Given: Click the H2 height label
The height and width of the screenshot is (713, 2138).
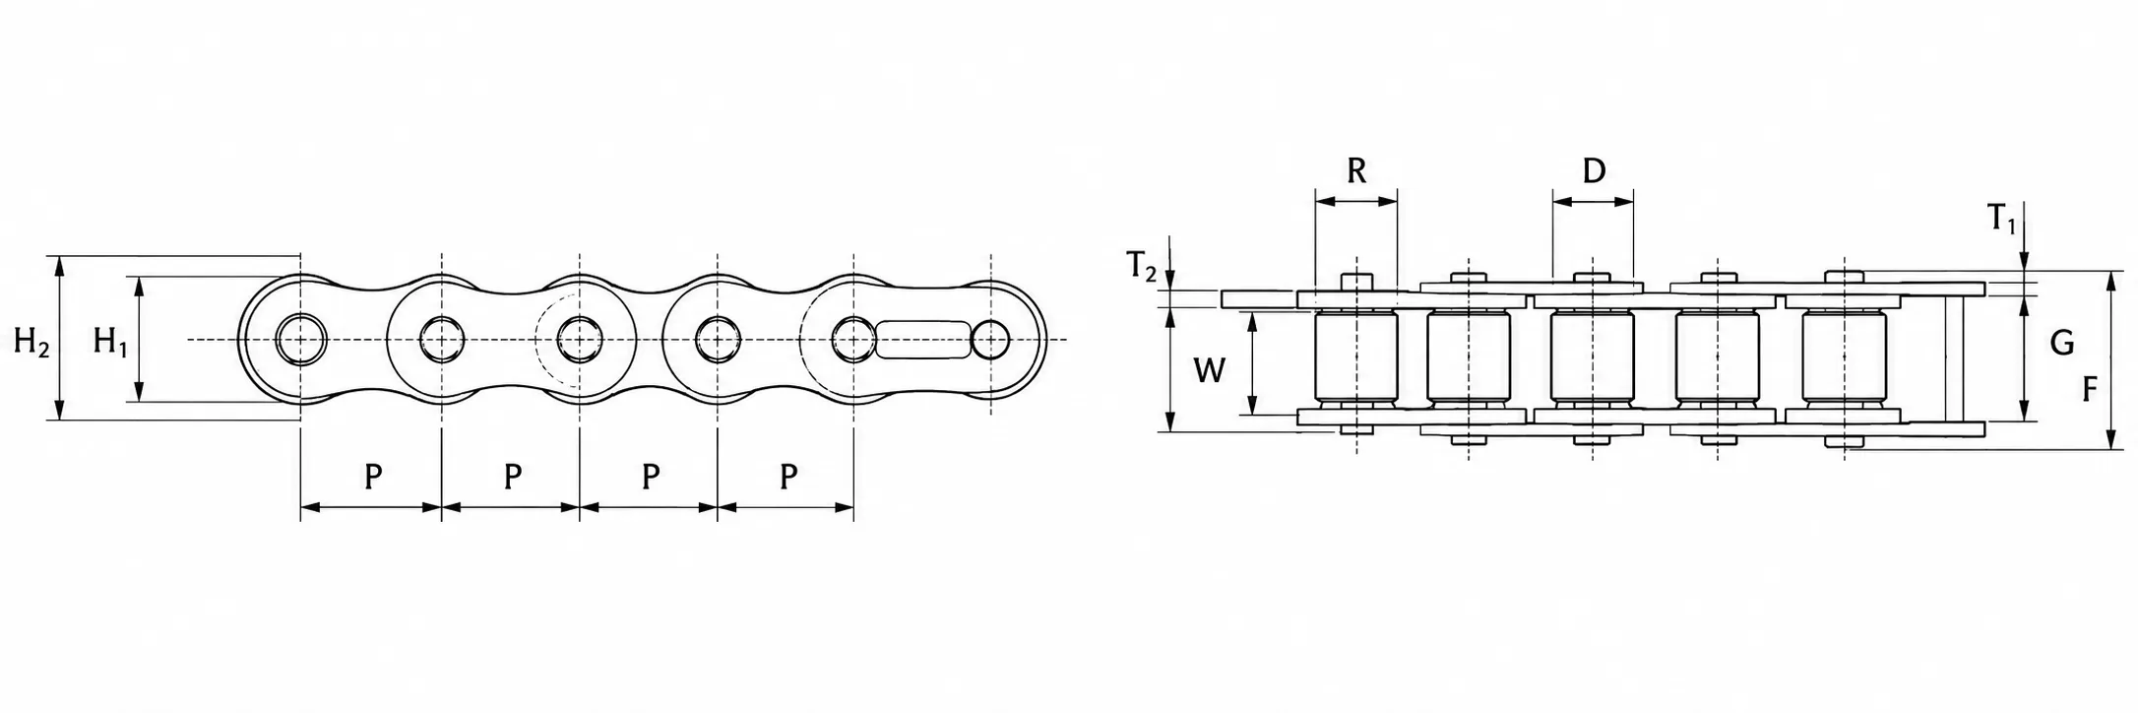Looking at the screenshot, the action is tap(31, 343).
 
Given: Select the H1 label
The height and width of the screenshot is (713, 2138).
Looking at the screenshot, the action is tap(110, 343).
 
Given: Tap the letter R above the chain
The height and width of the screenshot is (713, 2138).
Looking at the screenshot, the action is tap(1355, 170).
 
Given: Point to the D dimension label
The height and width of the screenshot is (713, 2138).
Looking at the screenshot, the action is tap(1594, 170).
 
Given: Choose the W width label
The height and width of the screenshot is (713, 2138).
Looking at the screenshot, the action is tap(1209, 370).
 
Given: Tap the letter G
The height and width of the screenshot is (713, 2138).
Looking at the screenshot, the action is tap(2061, 343).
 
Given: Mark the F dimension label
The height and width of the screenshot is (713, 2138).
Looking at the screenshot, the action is tap(2090, 390).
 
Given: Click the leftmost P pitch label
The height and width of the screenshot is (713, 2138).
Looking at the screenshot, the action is tap(373, 477).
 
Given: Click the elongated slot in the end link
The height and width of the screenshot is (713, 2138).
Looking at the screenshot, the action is tap(923, 339).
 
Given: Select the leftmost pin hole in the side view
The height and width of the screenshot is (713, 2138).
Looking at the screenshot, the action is tap(300, 339).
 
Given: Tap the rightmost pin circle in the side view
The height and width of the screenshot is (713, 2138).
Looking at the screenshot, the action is tap(990, 339).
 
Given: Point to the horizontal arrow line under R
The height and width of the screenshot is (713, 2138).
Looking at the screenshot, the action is tap(1355, 201).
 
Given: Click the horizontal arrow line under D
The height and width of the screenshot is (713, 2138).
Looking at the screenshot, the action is tap(1593, 201).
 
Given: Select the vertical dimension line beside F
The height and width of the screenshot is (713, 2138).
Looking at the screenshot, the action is tap(2111, 360).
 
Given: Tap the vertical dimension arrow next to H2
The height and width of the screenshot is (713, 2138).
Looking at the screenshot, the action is tap(61, 338).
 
